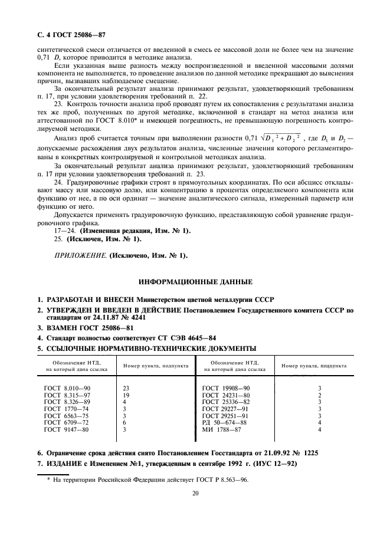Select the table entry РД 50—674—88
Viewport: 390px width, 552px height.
pyautogui.click(x=224, y=422)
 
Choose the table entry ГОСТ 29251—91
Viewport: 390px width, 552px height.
pyautogui.click(x=227, y=415)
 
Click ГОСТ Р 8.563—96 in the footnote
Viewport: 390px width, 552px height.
pyautogui.click(x=220, y=481)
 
